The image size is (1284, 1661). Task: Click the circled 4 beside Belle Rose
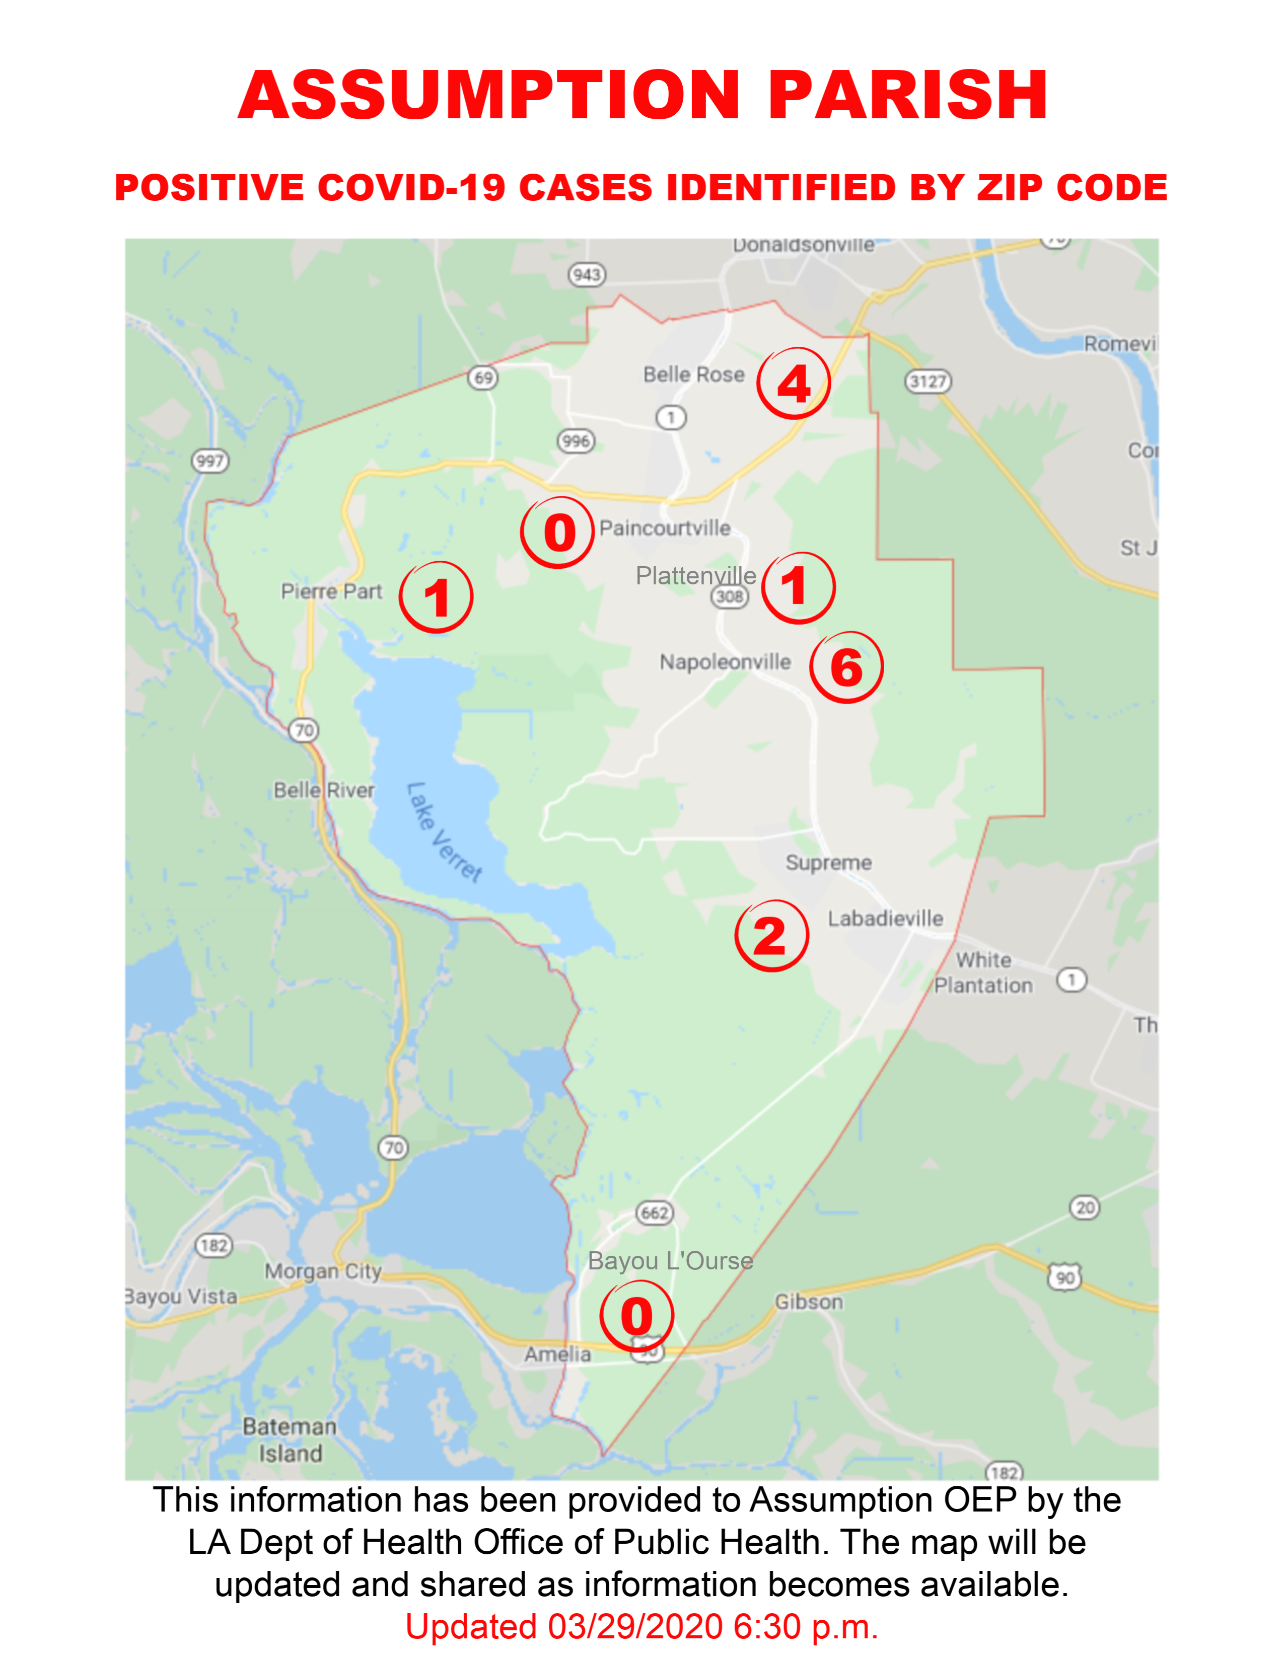[x=794, y=384]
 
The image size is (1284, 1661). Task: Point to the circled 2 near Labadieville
[x=771, y=936]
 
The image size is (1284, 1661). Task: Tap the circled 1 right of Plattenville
[x=798, y=587]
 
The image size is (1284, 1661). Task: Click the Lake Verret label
[x=444, y=833]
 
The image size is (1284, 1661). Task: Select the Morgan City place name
[x=323, y=1271]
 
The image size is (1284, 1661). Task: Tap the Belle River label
[x=324, y=791]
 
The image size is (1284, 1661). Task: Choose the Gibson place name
[x=809, y=1302]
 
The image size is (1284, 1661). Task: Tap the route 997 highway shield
[x=210, y=461]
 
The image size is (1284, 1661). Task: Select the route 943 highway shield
[x=587, y=274]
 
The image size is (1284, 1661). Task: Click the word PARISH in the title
[x=908, y=95]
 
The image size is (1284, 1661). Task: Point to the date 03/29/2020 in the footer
[x=635, y=1627]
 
